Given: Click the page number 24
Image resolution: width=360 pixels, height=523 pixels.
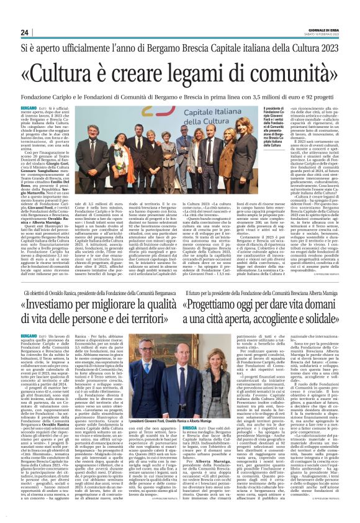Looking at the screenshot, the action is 24,32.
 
